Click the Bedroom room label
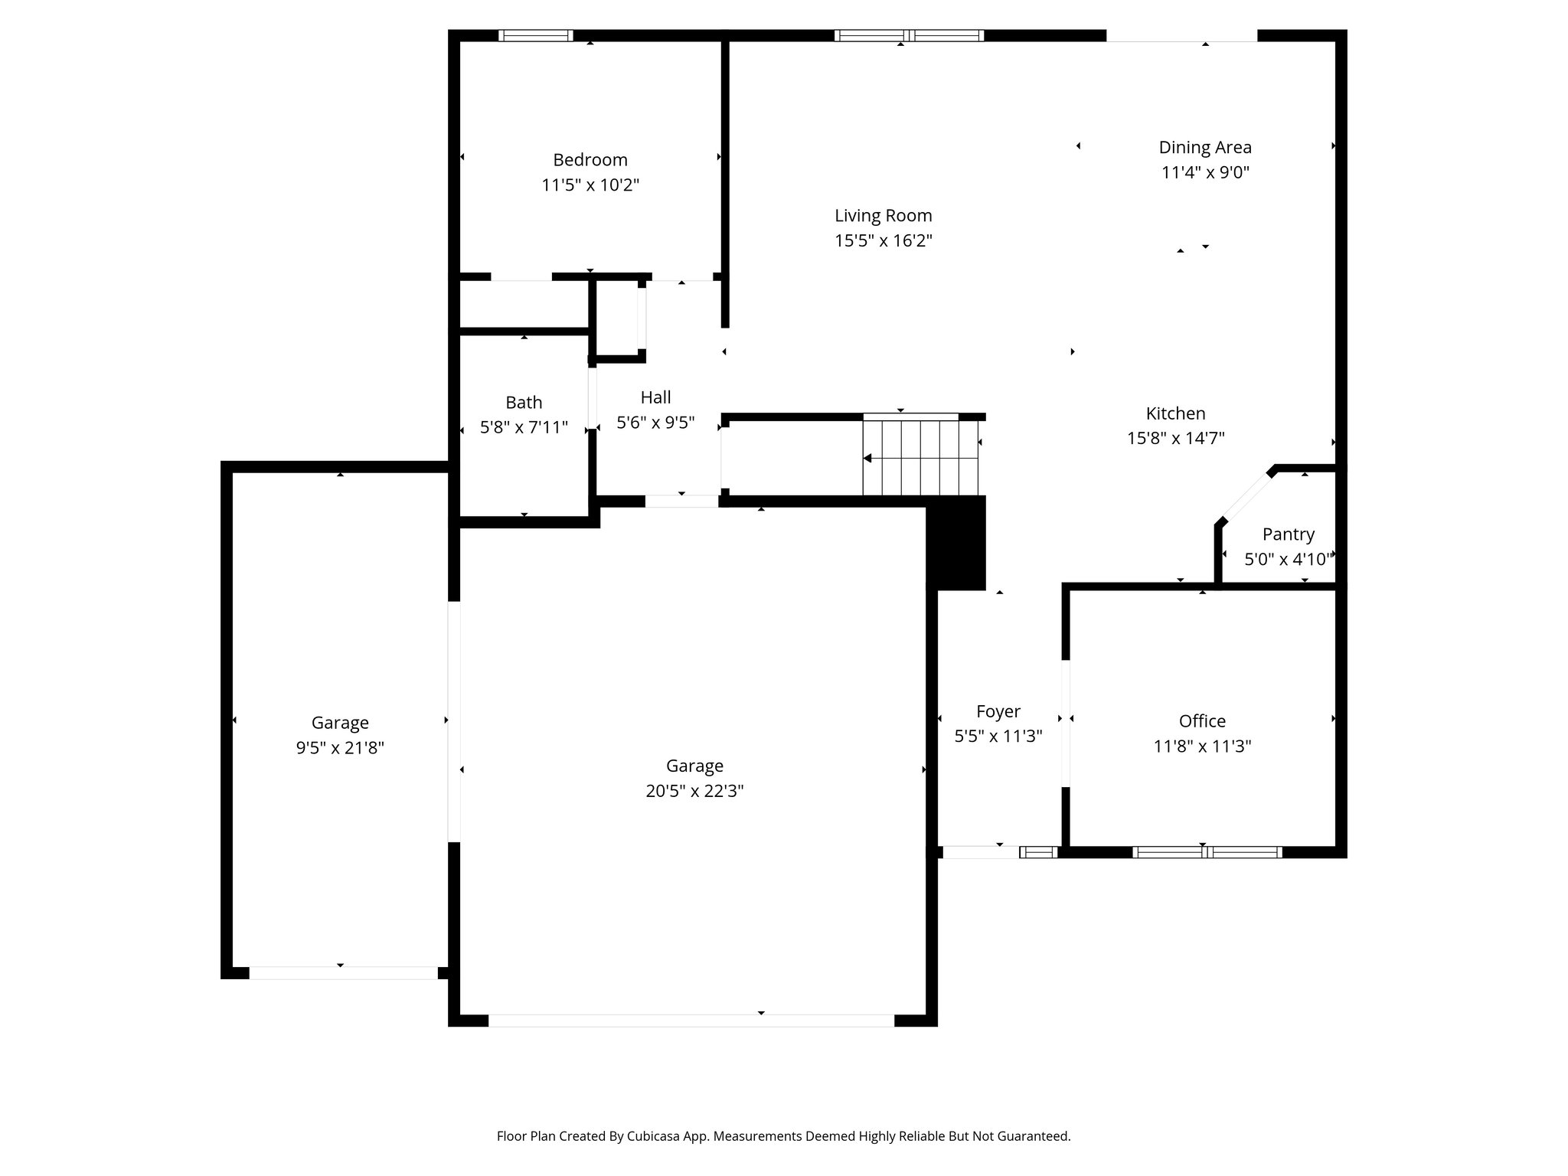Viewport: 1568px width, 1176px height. point(590,160)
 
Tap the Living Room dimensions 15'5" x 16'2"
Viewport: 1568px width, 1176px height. point(883,241)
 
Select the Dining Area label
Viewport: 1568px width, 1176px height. point(1204,147)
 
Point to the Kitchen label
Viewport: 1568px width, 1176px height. point(1175,413)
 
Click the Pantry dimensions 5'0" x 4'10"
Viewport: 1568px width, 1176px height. point(1289,560)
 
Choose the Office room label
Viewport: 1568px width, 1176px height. point(1202,721)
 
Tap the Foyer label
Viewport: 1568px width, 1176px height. point(998,712)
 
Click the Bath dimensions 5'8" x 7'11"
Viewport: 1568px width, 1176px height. point(524,427)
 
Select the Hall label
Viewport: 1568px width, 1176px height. point(655,397)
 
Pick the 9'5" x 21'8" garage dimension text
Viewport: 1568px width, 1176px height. point(340,748)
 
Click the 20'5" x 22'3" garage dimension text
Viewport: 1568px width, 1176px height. point(694,791)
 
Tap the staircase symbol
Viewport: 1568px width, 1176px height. point(921,458)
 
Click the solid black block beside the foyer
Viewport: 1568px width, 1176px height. point(955,543)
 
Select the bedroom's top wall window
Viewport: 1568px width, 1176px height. point(535,35)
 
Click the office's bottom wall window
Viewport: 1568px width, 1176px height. point(1207,852)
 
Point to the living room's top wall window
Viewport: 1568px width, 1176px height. point(909,35)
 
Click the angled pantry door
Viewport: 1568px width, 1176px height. point(1246,496)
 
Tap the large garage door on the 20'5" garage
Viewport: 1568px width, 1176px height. point(691,1021)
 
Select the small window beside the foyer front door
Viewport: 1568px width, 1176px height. point(1038,852)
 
